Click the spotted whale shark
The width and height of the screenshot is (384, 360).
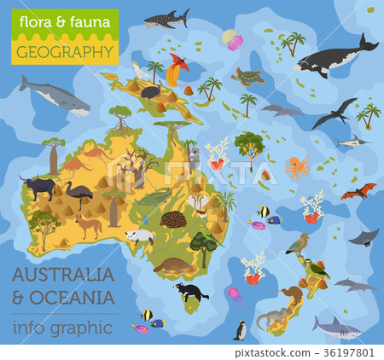tap(166, 18)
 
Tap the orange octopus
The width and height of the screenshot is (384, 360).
tap(296, 166)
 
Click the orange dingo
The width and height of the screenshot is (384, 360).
tap(88, 226)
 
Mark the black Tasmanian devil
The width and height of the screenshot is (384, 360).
tap(189, 291)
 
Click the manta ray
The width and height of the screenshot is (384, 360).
tap(364, 235)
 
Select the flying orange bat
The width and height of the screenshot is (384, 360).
tap(358, 192)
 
